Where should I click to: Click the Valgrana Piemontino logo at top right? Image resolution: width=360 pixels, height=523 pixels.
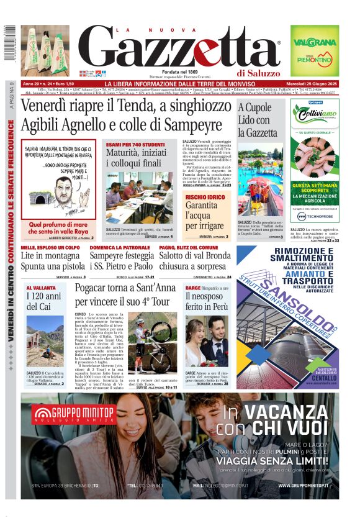pos(314,48)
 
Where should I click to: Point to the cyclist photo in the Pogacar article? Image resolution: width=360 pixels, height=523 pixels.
pos(147,345)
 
